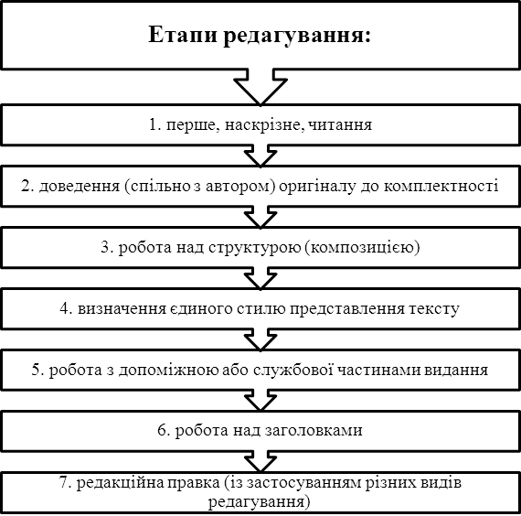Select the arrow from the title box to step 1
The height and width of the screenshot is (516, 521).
click(x=260, y=87)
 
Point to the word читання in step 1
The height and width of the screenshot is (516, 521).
click(x=338, y=125)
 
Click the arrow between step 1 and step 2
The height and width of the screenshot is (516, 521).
click(x=260, y=156)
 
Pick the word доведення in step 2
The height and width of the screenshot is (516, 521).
click(x=80, y=187)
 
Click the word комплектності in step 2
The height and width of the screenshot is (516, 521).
click(x=441, y=187)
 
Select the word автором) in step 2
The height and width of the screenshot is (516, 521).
click(x=240, y=187)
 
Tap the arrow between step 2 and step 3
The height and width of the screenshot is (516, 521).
click(x=260, y=217)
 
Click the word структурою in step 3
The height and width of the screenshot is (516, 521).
click(x=255, y=248)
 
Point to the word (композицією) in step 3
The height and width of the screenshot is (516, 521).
click(x=362, y=248)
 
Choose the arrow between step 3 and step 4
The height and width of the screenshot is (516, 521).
click(x=260, y=278)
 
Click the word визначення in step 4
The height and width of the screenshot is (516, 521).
click(x=122, y=309)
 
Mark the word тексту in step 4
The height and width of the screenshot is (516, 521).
click(x=434, y=309)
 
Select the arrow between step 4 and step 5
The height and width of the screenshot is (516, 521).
click(x=260, y=339)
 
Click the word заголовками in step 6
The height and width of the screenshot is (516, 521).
click(x=314, y=431)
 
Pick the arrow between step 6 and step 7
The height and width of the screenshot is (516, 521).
click(x=260, y=462)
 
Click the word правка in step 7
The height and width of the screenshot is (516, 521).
click(x=193, y=483)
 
